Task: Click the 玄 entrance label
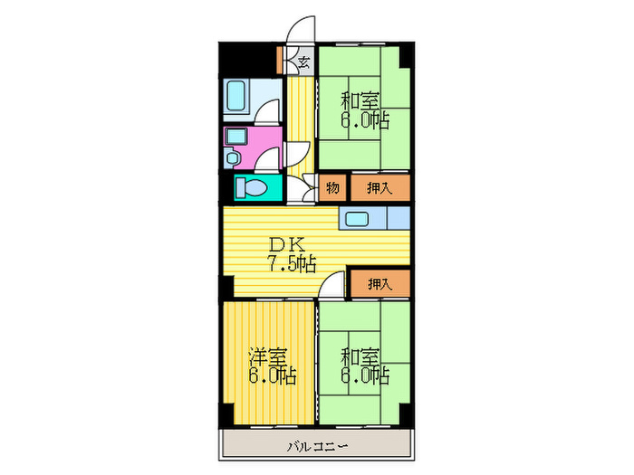304,62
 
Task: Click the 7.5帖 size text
290,263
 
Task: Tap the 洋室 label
269,356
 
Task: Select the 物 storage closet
331,187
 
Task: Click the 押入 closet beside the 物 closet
379,187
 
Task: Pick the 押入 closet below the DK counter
379,283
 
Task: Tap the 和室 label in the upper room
360,100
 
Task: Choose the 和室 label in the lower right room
360,356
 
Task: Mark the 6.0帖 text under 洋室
273,375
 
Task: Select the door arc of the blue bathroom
269,112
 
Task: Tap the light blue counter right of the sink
399,219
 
